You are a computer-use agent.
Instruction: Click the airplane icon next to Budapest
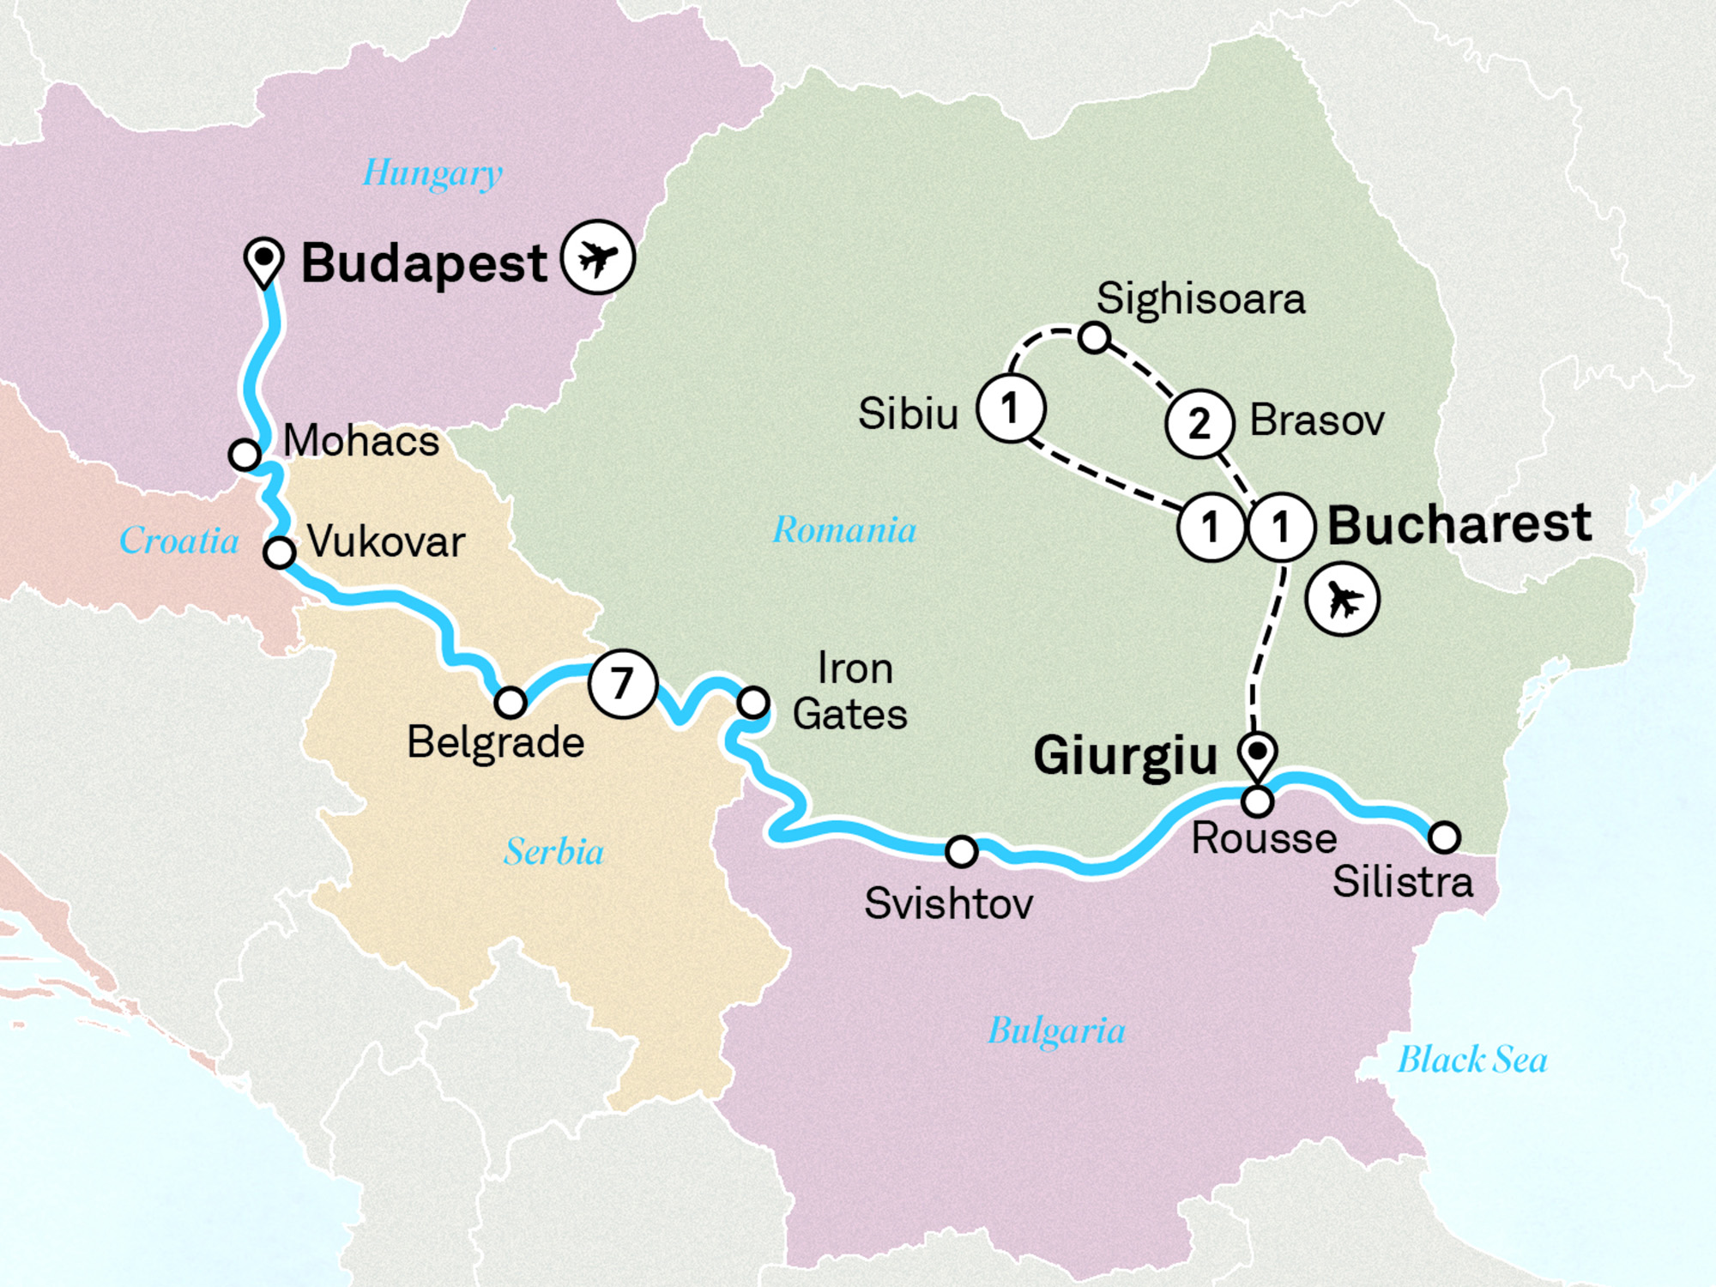pyautogui.click(x=598, y=257)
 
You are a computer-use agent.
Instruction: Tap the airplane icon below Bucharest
pyautogui.click(x=1342, y=599)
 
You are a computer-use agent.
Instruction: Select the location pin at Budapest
pyautogui.click(x=264, y=260)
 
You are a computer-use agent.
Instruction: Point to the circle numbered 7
pyautogui.click(x=623, y=684)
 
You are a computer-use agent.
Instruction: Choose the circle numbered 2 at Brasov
pyautogui.click(x=1199, y=423)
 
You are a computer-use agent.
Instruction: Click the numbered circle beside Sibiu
pyautogui.click(x=1011, y=408)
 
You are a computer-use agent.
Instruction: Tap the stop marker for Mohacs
pyautogui.click(x=245, y=453)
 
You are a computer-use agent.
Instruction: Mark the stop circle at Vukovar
pyautogui.click(x=280, y=552)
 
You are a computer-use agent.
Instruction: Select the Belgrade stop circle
pyautogui.click(x=511, y=703)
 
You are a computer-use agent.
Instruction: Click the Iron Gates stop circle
pyautogui.click(x=753, y=703)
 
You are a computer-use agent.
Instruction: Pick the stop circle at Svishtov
pyautogui.click(x=961, y=851)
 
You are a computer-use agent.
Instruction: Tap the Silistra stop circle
pyautogui.click(x=1444, y=836)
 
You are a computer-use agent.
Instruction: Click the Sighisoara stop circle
pyautogui.click(x=1094, y=337)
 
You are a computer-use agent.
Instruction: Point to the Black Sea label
pyautogui.click(x=1472, y=1060)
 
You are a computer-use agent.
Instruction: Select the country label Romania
pyautogui.click(x=844, y=530)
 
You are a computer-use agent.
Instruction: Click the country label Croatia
pyautogui.click(x=178, y=541)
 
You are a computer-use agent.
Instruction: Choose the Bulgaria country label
pyautogui.click(x=1056, y=1030)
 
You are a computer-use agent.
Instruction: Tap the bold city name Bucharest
pyautogui.click(x=1459, y=524)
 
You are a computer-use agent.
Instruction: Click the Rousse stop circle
pyautogui.click(x=1258, y=801)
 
